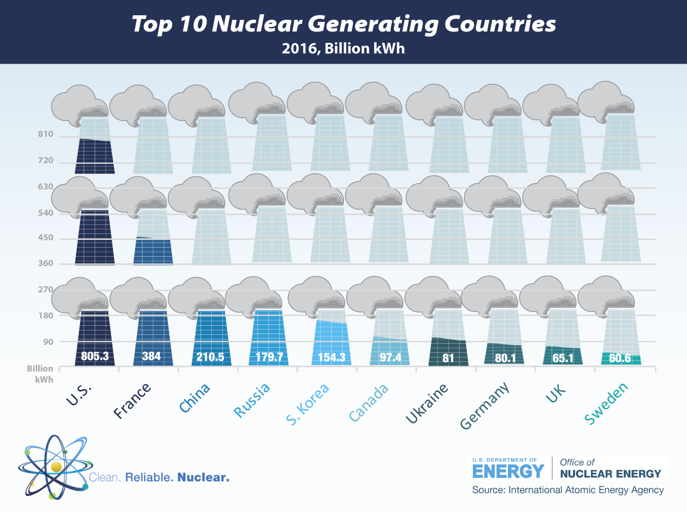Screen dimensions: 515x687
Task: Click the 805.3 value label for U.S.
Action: (x=95, y=356)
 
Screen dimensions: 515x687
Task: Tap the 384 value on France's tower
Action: (x=152, y=356)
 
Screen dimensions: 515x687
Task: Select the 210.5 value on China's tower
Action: (x=210, y=357)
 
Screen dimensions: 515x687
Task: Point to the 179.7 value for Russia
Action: (x=269, y=357)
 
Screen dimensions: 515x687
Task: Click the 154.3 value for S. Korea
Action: (x=331, y=357)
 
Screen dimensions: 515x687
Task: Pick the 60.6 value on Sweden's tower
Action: (x=620, y=358)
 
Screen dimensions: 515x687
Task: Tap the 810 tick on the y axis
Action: (x=45, y=134)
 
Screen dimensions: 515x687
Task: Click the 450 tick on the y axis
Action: (x=45, y=238)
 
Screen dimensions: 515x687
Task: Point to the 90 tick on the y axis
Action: (x=48, y=342)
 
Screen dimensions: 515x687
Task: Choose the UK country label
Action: (x=556, y=393)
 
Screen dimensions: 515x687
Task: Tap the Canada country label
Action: (x=369, y=403)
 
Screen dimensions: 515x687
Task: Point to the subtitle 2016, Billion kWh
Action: (x=343, y=49)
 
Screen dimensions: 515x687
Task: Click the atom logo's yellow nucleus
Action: (x=56, y=467)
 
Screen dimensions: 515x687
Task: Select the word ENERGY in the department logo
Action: (x=508, y=472)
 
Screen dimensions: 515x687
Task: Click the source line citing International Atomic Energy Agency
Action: (x=567, y=490)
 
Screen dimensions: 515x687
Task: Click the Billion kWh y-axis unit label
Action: (x=41, y=374)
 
